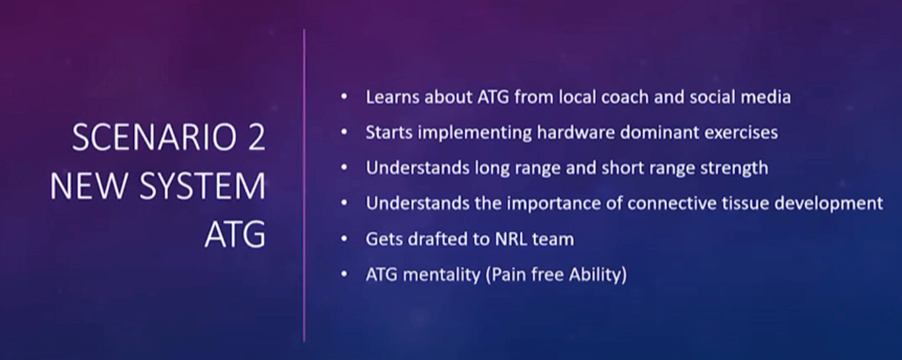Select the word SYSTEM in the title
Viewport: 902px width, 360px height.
[x=203, y=186]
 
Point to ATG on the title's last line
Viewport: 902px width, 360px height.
[x=235, y=234]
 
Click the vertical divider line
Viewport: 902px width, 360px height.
[x=304, y=185]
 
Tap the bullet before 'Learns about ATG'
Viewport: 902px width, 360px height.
[x=344, y=97]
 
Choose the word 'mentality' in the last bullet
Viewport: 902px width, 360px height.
[x=442, y=275]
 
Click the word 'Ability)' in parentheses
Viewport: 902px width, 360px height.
[x=598, y=275]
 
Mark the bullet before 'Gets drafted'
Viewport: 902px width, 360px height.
[x=344, y=239]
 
